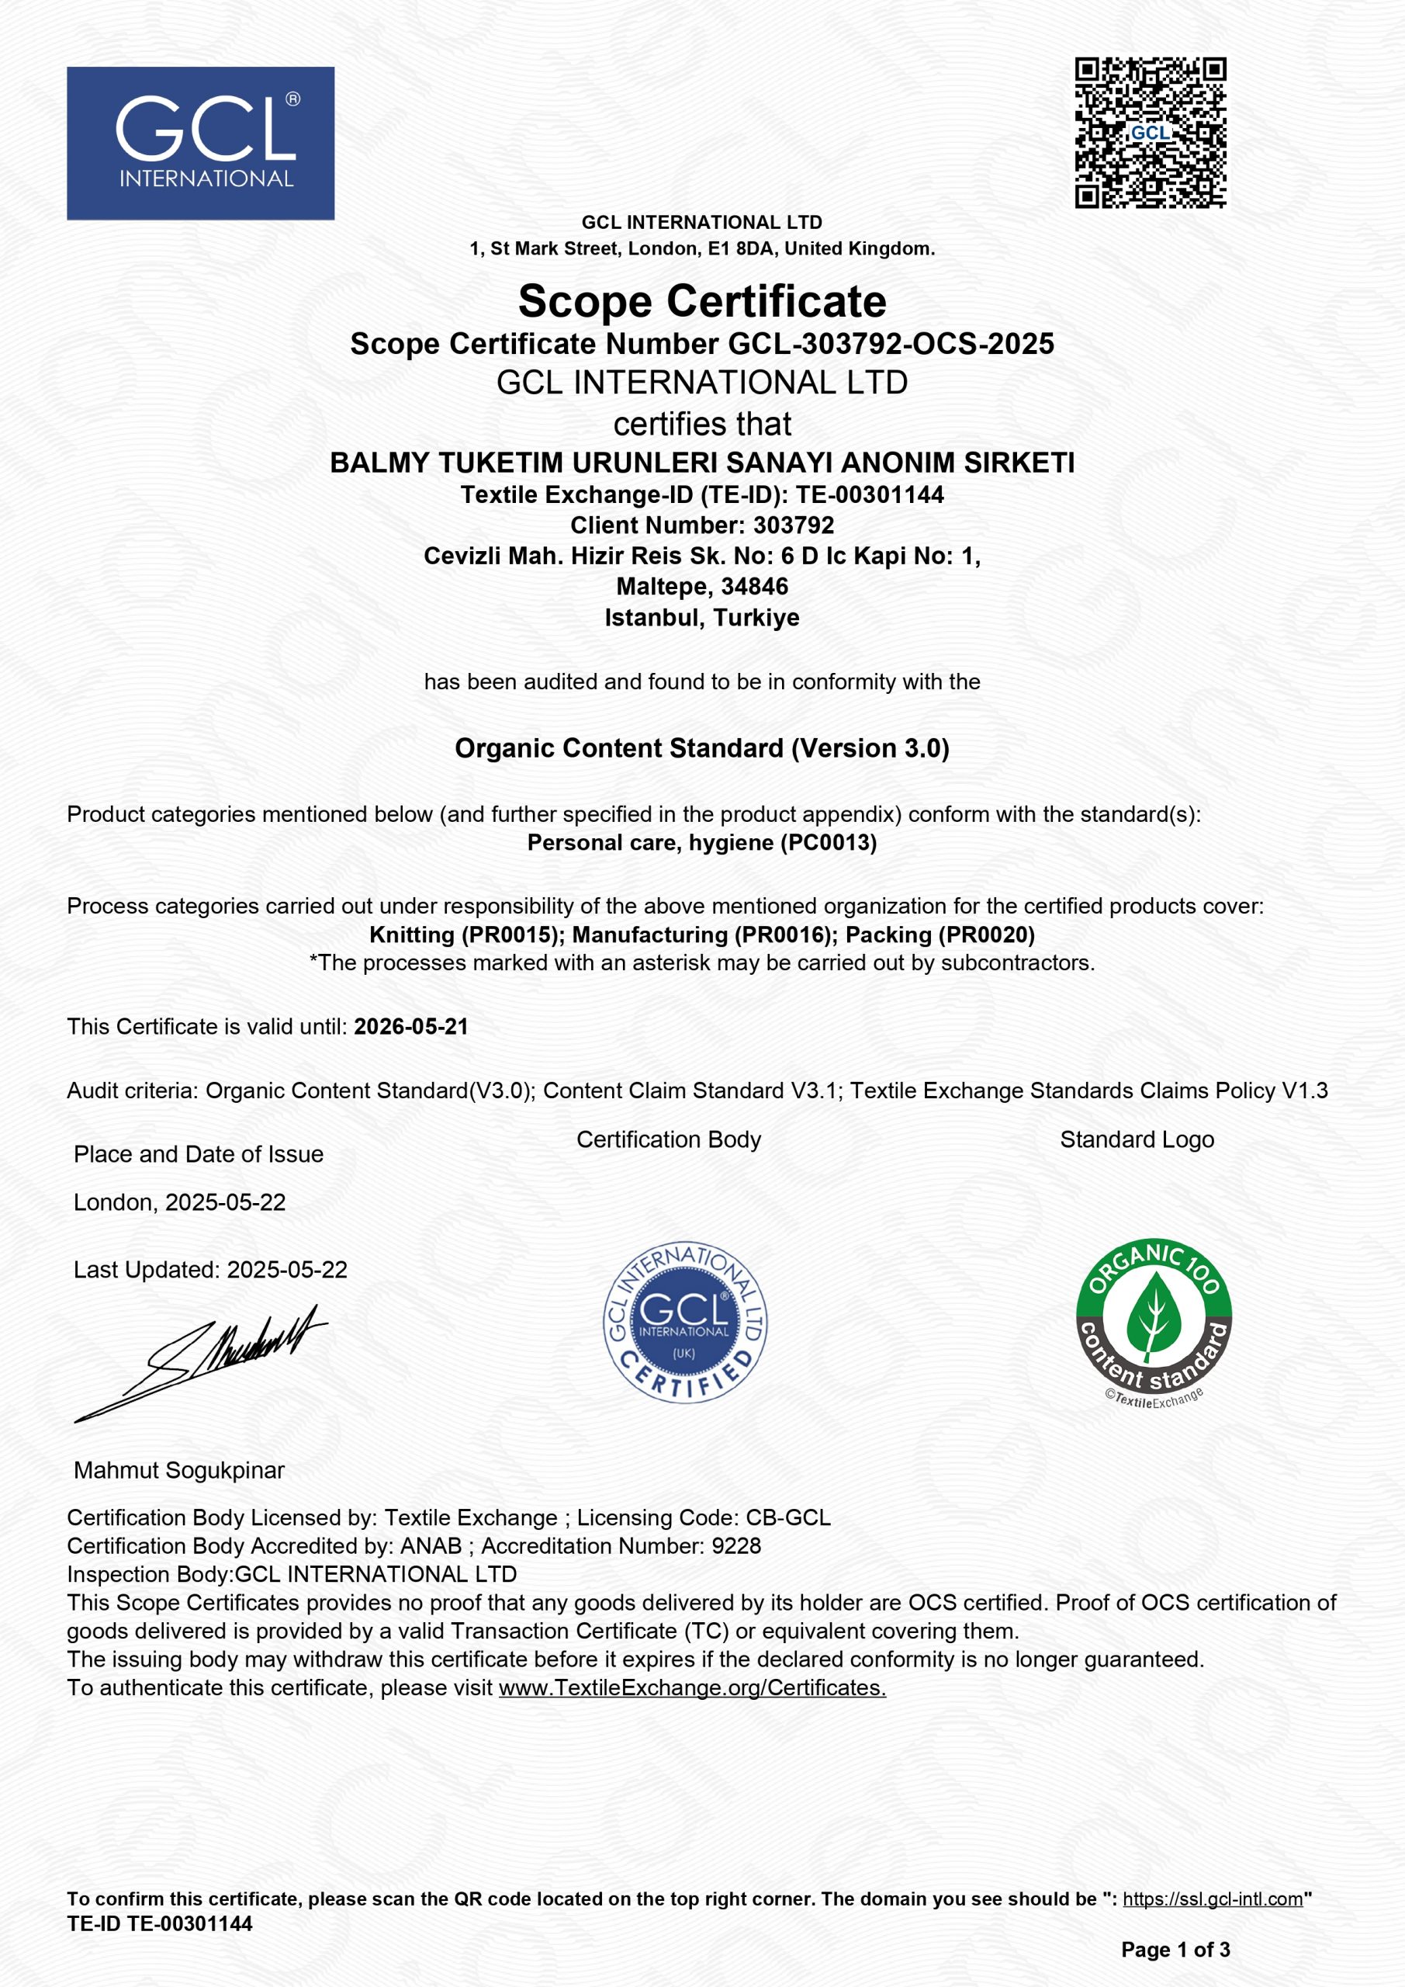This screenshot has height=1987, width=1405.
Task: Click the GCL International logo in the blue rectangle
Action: pyautogui.click(x=201, y=143)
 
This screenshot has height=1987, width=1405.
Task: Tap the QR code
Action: pyautogui.click(x=1150, y=133)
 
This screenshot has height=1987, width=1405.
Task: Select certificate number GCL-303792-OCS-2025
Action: pyautogui.click(x=891, y=344)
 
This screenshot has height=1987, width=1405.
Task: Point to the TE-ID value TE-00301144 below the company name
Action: pyautogui.click(x=870, y=494)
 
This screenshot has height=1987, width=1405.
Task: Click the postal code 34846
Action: pyautogui.click(x=754, y=586)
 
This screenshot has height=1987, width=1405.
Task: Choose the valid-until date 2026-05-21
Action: pyautogui.click(x=411, y=1026)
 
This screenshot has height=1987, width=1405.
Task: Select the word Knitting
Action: pyautogui.click(x=412, y=935)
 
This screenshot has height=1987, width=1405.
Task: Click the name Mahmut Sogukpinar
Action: pyautogui.click(x=179, y=1470)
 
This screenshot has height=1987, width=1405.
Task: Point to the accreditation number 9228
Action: pyautogui.click(x=736, y=1545)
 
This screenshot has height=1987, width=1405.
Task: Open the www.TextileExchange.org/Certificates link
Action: pyautogui.click(x=692, y=1687)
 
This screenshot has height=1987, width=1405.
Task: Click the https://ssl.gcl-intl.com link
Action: pyautogui.click(x=1212, y=1899)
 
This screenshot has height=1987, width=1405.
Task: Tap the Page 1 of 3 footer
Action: pyautogui.click(x=1175, y=1950)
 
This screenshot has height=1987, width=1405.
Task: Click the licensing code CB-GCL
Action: pyautogui.click(x=788, y=1517)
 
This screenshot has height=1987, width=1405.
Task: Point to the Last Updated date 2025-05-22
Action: pyautogui.click(x=286, y=1270)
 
